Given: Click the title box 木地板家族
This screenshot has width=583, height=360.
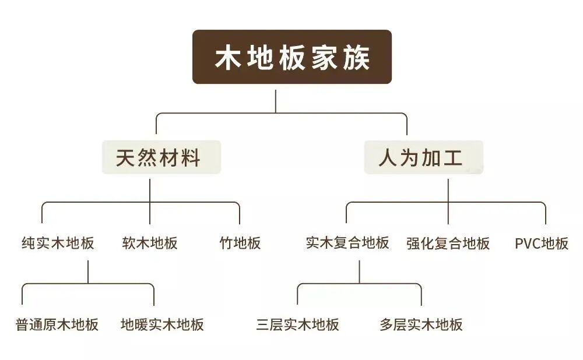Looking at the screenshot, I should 292,57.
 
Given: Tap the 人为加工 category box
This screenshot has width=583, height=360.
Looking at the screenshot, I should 423,157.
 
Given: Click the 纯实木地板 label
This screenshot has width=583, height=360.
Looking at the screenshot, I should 58,243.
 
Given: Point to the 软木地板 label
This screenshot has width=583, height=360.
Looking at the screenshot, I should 150,243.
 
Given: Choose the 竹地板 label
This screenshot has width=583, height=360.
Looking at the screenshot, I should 240,243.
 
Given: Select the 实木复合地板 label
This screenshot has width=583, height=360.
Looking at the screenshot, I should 347,243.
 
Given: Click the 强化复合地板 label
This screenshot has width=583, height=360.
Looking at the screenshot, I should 448,243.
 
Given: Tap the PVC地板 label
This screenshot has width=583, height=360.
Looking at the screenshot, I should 542,243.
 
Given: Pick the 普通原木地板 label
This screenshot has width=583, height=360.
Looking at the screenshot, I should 57,324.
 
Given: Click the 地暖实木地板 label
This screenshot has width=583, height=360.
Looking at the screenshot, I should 163,324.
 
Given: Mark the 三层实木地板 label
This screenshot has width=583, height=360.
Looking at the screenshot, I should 297,324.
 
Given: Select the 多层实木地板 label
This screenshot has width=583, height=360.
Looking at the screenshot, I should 421,324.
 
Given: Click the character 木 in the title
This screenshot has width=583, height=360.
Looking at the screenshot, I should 227,58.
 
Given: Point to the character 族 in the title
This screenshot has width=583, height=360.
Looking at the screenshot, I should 356,58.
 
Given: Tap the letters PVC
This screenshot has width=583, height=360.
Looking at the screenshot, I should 528,243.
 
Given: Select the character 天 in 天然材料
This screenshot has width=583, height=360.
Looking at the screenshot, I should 126,157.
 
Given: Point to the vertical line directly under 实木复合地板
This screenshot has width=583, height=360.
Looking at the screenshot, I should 359,271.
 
